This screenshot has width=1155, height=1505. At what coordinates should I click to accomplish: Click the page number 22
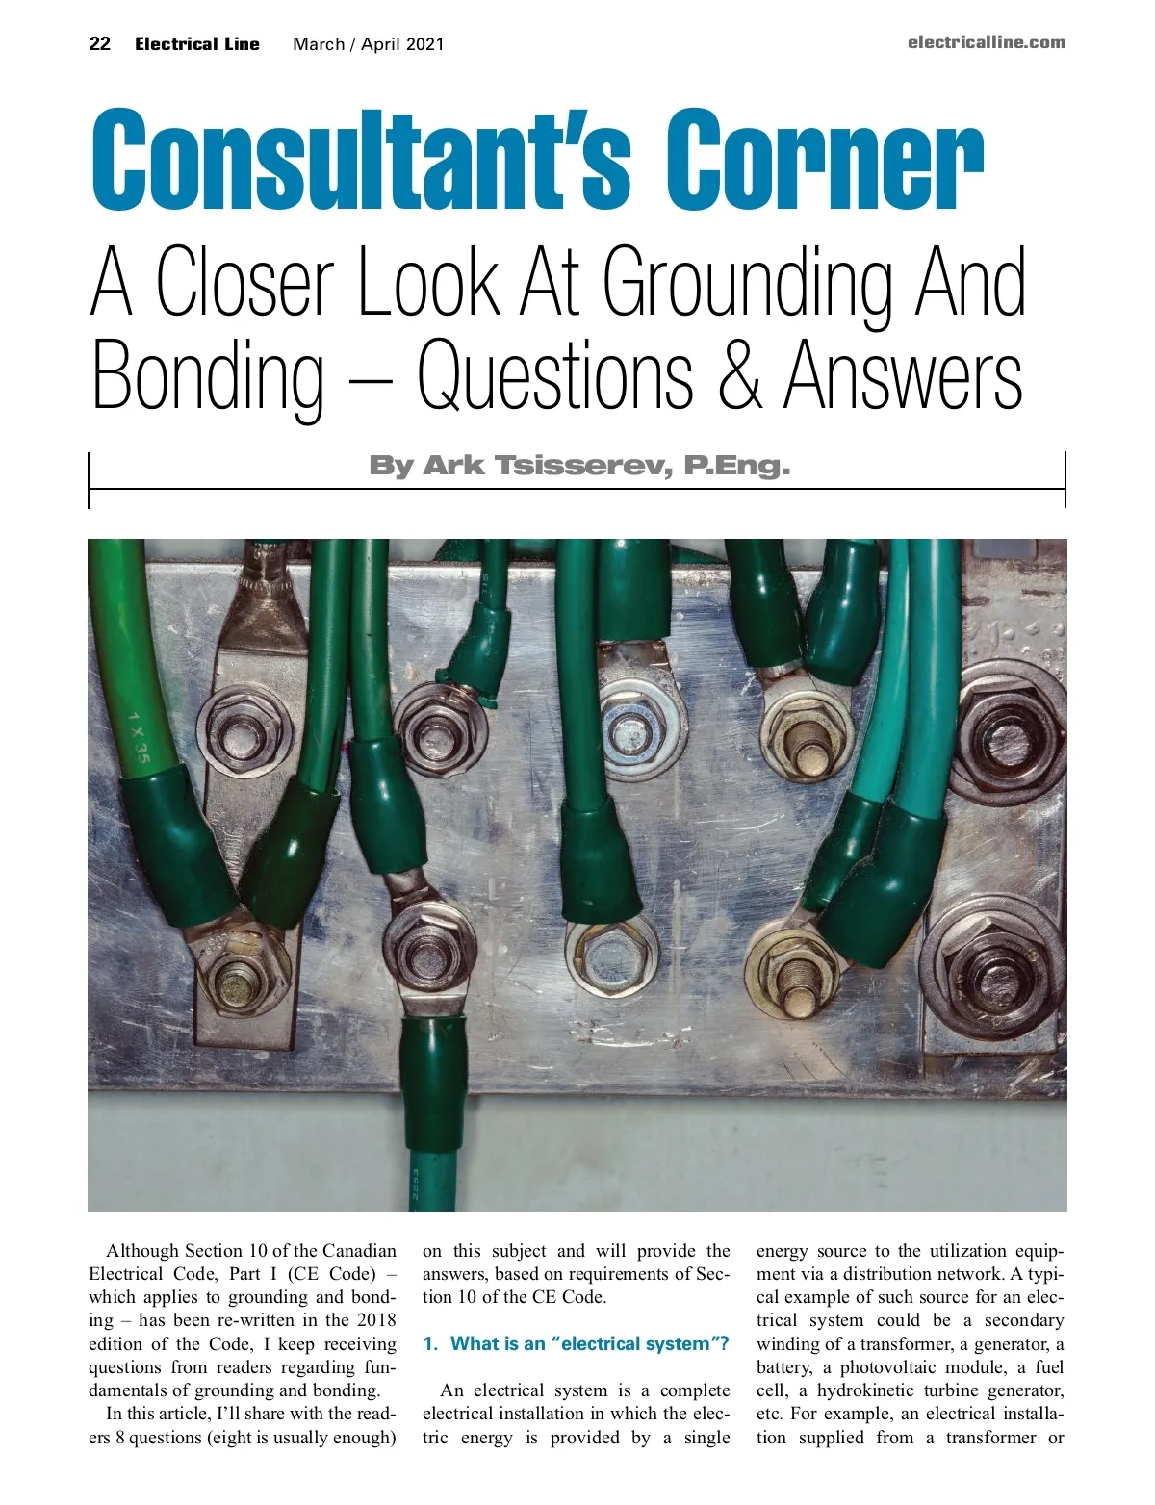(99, 43)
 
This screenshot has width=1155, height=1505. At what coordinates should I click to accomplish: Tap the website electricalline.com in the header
(986, 42)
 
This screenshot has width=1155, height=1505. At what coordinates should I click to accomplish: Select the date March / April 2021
(369, 43)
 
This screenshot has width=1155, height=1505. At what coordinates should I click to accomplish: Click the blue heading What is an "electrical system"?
(576, 1343)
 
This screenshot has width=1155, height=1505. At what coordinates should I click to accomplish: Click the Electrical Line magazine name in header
(197, 43)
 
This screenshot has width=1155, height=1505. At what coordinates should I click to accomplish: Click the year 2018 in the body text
(375, 1320)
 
